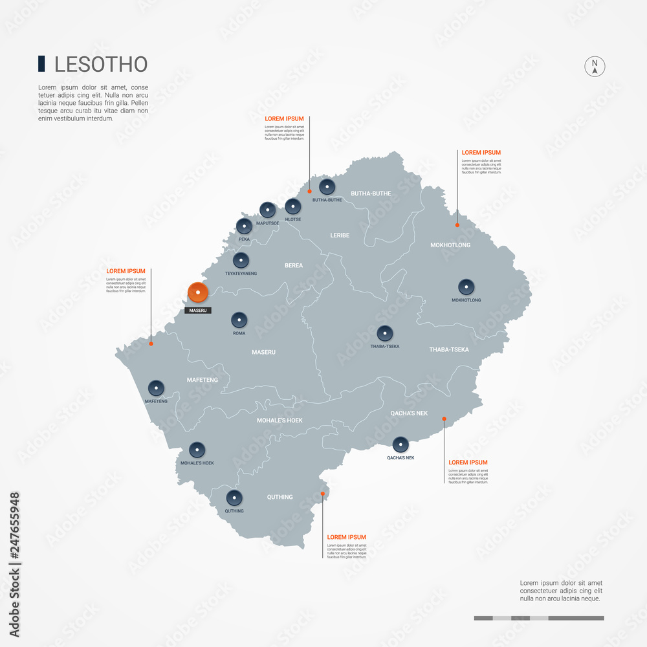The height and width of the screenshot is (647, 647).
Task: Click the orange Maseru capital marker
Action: point(197,292)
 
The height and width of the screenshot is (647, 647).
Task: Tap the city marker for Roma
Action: point(239,319)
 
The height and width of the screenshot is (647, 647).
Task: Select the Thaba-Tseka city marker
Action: point(385,333)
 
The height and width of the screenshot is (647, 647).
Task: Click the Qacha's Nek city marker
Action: point(400,444)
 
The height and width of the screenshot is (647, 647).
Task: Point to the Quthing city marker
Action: point(234,498)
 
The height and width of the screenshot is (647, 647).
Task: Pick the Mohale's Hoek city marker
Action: point(197,450)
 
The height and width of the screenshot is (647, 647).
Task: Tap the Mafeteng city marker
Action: point(156,388)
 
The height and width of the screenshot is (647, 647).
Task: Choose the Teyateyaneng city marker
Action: point(241,260)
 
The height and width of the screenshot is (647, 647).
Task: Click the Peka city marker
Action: point(244,226)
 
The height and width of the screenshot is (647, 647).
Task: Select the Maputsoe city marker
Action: point(267,209)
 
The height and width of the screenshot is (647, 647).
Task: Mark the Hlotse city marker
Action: point(293,206)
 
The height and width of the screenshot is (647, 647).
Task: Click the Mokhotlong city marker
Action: point(466,287)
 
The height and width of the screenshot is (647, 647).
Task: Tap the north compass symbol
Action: point(595,67)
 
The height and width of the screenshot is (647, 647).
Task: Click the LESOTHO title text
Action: point(101,64)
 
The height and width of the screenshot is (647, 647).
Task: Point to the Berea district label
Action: point(294,265)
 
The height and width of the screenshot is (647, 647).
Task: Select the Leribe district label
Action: point(340,236)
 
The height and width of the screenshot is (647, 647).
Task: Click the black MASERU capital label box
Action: point(197,311)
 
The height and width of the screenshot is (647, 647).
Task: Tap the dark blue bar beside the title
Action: point(41,63)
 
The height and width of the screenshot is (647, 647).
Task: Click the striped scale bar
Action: point(539,618)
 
